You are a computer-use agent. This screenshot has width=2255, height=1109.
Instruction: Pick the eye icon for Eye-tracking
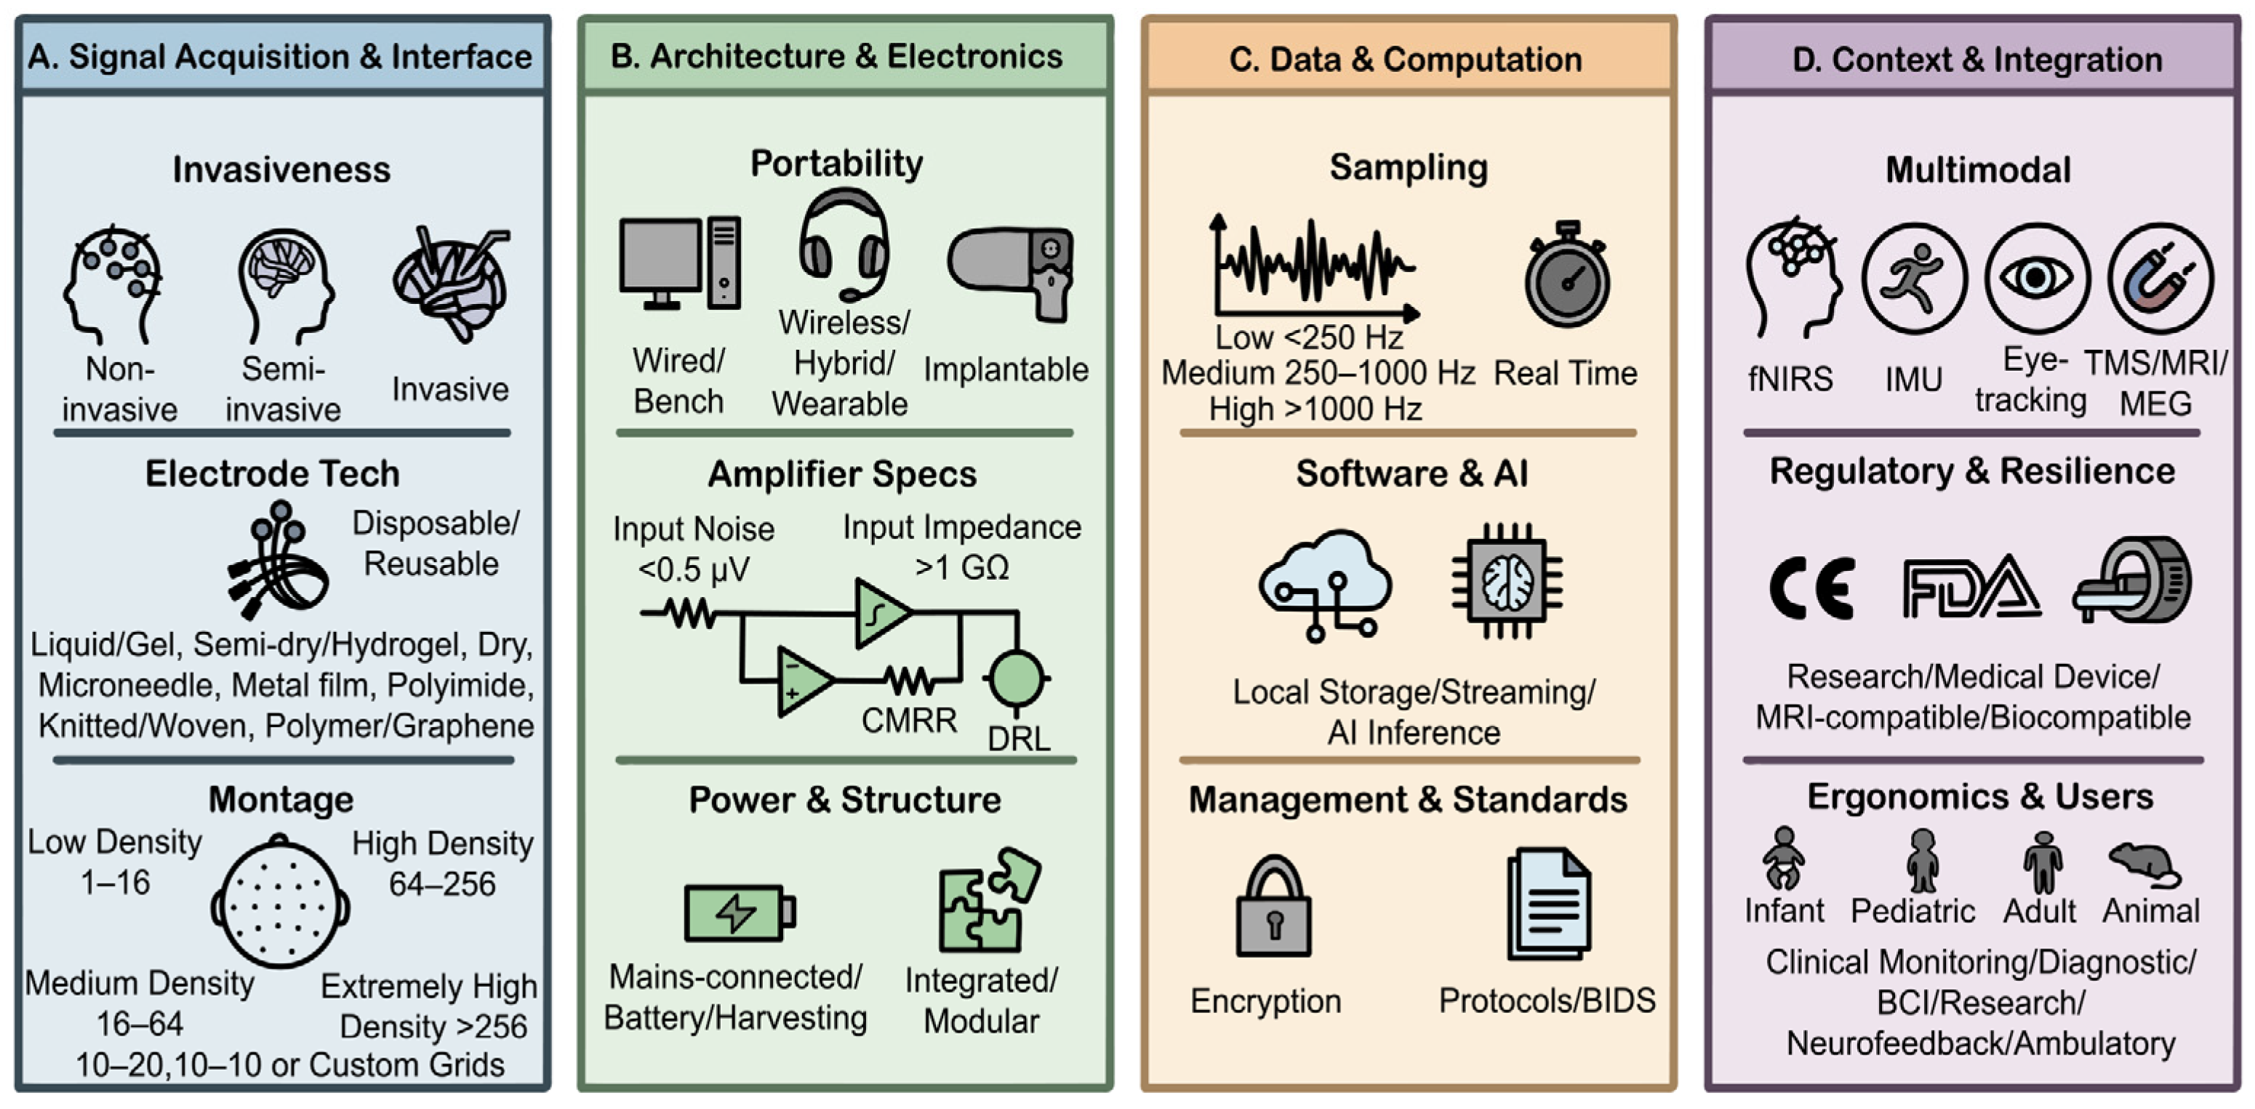(x=2037, y=279)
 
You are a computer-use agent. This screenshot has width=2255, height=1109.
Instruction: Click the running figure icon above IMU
(x=1914, y=279)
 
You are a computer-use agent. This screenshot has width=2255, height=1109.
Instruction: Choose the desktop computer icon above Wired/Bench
(x=680, y=263)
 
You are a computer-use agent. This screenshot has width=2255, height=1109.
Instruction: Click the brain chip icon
(x=1507, y=581)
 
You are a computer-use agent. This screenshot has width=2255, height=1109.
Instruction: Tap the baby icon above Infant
(x=1783, y=859)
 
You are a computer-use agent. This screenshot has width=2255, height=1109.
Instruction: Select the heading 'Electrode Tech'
(x=272, y=473)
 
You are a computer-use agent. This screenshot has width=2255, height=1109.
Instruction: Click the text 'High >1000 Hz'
(x=1315, y=409)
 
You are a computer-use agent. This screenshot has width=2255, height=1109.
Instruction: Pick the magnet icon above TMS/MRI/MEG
(x=2160, y=279)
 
